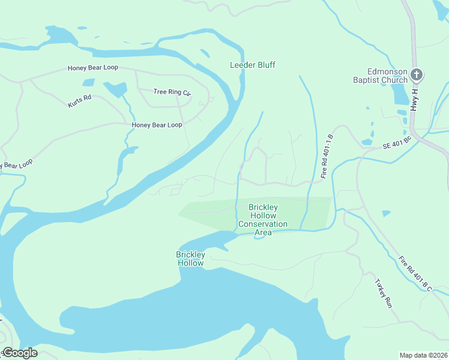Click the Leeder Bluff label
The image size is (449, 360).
pos(253,65)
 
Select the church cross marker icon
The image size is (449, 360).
pos(417,75)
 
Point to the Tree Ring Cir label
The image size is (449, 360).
pos(172,92)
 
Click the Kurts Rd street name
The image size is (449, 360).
pos(79,100)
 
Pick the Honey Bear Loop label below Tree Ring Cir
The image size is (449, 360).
pos(157,125)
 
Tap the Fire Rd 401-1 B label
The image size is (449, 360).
pos(327,156)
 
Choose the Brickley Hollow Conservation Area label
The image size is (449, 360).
pos(263,220)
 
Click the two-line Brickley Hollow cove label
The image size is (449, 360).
pos(190,259)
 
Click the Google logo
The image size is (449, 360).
pos(19,353)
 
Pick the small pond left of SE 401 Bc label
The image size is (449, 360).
pos(367,142)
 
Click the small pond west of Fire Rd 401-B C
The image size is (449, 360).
pos(385,213)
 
